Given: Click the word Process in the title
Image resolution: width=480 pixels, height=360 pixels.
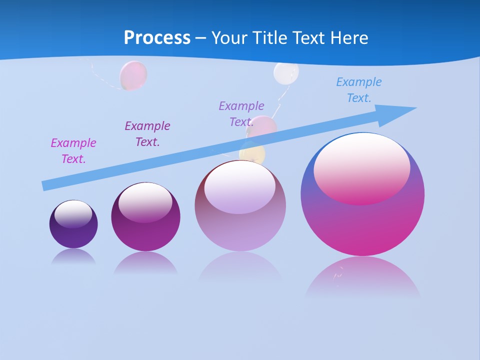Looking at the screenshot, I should pos(157,38).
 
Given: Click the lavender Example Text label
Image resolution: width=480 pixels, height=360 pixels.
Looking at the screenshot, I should pos(241,114).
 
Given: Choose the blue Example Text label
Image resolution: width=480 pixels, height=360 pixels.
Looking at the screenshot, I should pos(359,90).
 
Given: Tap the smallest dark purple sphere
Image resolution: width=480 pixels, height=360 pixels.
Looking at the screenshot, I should pos(73,235).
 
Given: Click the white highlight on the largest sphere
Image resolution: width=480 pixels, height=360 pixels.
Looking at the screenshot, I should pos(362,167).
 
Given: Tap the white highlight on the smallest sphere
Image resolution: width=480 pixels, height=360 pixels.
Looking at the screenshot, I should pos(73,213).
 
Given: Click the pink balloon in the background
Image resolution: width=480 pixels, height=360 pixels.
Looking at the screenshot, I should pos(133,75).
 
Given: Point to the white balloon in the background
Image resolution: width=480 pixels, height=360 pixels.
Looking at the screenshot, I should pos(286,72).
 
